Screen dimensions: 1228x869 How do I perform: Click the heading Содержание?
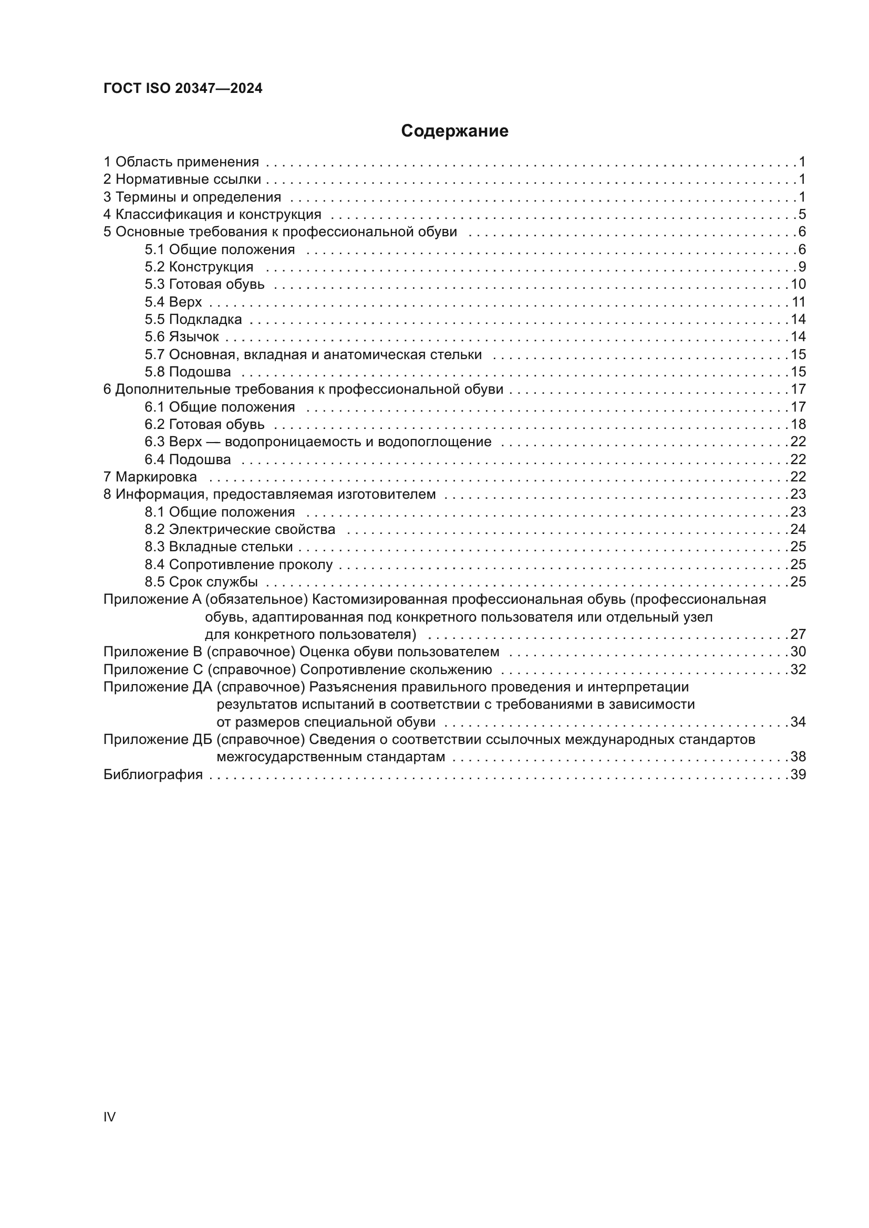pos(454,131)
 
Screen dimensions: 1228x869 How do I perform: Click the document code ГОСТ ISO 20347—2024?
pos(182,89)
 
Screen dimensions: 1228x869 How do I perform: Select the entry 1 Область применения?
pos(181,162)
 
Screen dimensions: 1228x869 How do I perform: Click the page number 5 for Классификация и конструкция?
pos(802,215)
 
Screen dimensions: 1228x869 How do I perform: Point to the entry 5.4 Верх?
pos(173,302)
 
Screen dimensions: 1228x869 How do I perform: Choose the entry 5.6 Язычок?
pos(181,337)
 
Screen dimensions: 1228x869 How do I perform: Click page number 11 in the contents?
pos(798,302)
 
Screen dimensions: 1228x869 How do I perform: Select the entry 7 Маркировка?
pos(150,477)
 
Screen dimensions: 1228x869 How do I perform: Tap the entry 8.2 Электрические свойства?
pos(240,529)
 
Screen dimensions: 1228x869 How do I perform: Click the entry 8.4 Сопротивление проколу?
pos(238,564)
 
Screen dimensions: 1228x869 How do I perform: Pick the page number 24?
pos(798,529)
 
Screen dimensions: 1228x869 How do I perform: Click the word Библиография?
pos(153,774)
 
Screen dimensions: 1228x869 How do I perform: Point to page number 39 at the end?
pos(798,774)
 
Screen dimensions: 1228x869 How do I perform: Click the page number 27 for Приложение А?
pos(798,634)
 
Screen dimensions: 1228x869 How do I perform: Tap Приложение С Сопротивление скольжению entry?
pos(297,669)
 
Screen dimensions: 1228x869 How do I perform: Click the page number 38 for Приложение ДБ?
pos(798,757)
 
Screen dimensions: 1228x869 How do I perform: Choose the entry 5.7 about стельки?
pos(313,354)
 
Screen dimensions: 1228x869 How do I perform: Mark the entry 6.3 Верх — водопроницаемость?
pos(318,442)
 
